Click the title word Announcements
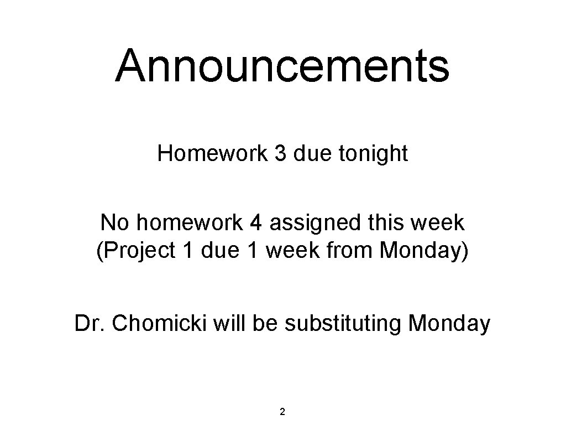pyautogui.click(x=282, y=65)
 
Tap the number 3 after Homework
pyautogui.click(x=280, y=153)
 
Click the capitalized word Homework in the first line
pyautogui.click(x=212, y=153)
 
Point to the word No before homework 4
pyautogui.click(x=114, y=222)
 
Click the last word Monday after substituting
pyautogui.click(x=448, y=323)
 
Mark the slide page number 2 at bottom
pyautogui.click(x=282, y=411)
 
